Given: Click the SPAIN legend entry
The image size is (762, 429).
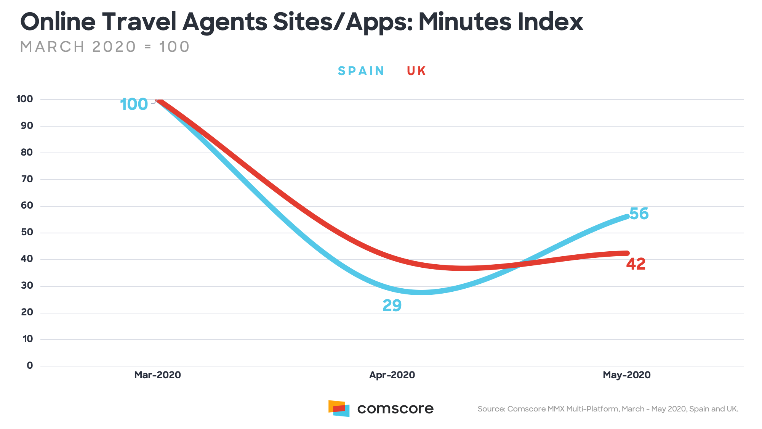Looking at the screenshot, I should point(361,71).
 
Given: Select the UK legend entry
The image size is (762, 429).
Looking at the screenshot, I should point(416,71).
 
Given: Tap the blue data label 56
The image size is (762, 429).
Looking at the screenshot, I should point(639,214).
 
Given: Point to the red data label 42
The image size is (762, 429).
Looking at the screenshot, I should point(636,264).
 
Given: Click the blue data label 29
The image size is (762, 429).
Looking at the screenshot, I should point(392,305).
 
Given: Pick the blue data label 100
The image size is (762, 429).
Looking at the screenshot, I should point(134,104).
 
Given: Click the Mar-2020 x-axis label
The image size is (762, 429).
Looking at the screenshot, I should point(157,375).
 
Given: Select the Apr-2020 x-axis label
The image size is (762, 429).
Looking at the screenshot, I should point(392,375).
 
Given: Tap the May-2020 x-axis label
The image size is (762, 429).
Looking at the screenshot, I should point(627,375).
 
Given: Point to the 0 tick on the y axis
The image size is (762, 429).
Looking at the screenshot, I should point(30,366).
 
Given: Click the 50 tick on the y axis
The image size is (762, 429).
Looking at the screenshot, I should point(27,232).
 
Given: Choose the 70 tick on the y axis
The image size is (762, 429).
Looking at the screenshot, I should point(27,179).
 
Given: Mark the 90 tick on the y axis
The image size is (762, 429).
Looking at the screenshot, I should point(27,125).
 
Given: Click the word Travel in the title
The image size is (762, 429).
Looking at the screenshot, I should point(139,22).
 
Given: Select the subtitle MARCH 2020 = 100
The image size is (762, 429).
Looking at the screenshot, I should point(105,47).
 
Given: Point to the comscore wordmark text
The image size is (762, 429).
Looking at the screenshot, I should point(395,409).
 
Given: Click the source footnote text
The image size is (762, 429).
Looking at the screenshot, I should point(608,409).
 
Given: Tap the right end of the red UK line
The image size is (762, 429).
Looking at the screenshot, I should point(626,253).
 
